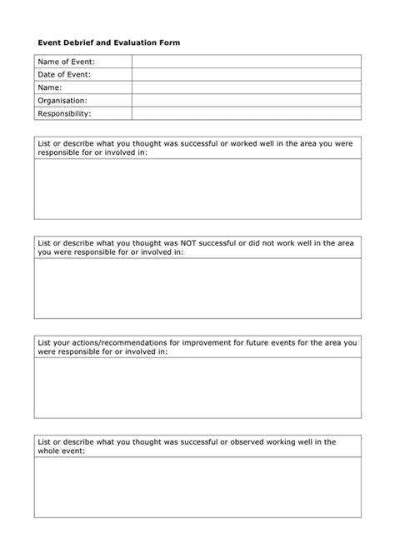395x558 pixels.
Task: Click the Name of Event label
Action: coord(67,62)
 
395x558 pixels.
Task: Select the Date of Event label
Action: coord(64,74)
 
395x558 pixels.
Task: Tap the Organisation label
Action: coord(62,100)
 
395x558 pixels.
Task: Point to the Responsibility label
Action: coord(65,112)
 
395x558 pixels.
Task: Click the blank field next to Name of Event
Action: coord(246,62)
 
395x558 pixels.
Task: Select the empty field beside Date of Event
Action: coord(246,74)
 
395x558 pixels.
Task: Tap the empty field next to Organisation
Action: coord(246,100)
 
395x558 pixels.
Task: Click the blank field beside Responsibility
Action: coord(246,112)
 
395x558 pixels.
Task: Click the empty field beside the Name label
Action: coord(246,87)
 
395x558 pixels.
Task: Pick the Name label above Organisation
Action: coord(51,87)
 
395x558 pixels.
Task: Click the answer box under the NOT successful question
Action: coord(197,288)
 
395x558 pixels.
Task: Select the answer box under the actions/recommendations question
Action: coord(197,387)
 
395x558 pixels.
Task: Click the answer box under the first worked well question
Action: coord(197,189)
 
